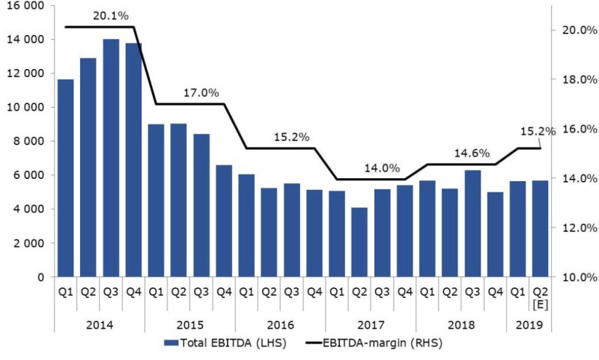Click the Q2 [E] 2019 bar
point(540,228)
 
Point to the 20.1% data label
point(111,15)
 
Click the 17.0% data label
point(201,93)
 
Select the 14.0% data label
point(382,168)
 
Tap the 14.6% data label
point(472,153)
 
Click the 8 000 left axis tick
point(31,141)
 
